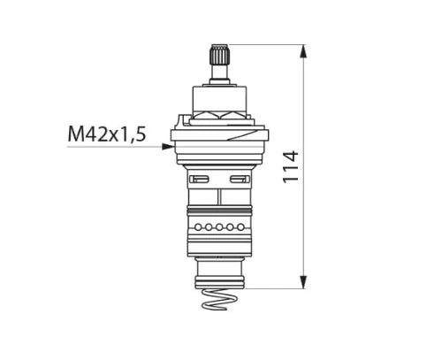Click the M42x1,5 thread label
(x=107, y=134)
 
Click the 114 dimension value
(x=291, y=167)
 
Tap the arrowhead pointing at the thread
(x=168, y=146)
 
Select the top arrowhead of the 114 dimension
(x=303, y=52)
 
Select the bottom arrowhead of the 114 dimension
(x=303, y=282)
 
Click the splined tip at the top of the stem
(x=219, y=55)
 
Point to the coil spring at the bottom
(x=219, y=299)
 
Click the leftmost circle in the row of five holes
(x=198, y=227)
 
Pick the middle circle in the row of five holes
(x=219, y=227)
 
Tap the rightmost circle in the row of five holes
(x=240, y=227)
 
